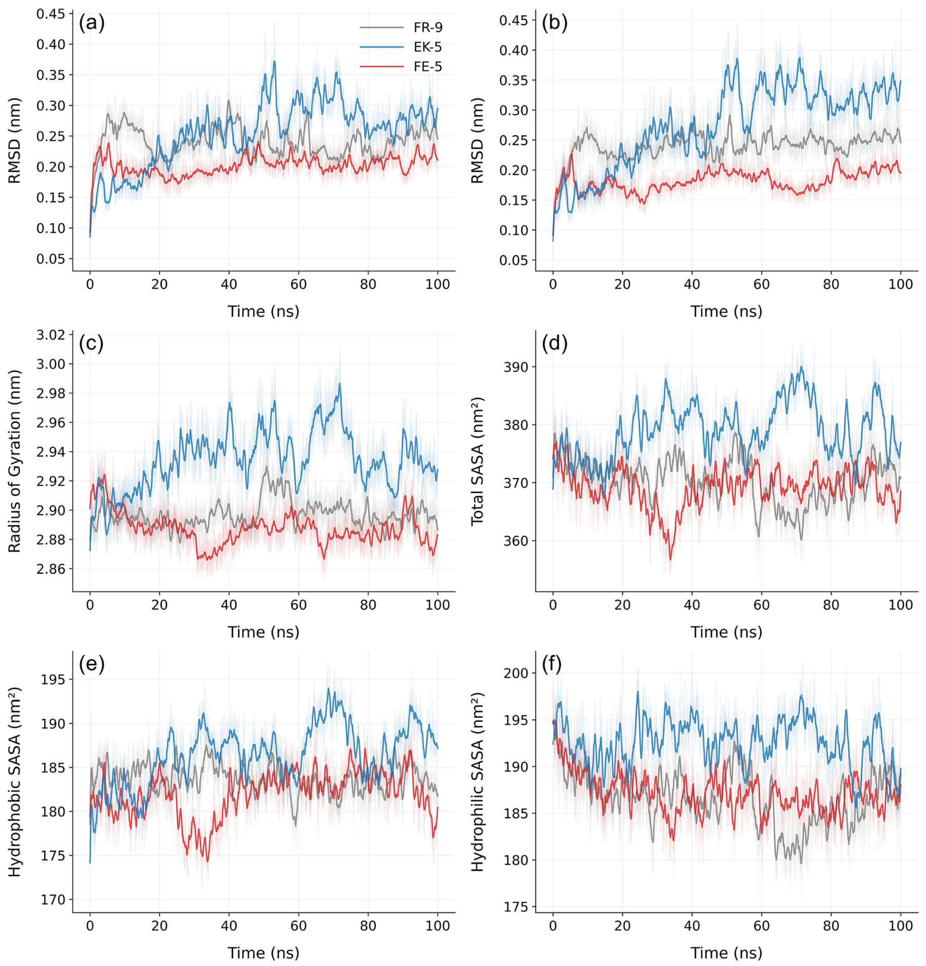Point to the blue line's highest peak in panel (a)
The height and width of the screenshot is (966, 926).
pos(274,61)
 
